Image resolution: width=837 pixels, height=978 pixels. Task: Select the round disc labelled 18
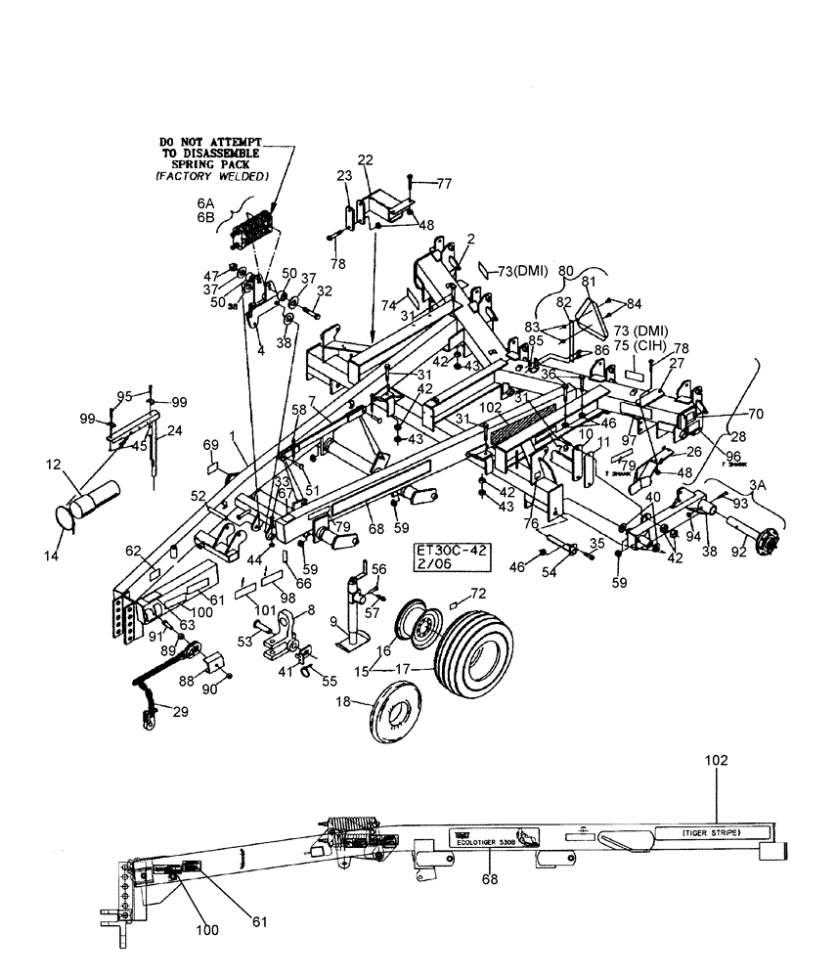tap(399, 720)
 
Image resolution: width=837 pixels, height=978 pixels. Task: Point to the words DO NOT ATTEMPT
tap(213, 142)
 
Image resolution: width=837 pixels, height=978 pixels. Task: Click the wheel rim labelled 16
tap(418, 629)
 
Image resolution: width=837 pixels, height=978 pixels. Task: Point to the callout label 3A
tap(758, 483)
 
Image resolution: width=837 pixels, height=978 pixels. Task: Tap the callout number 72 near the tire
tap(478, 594)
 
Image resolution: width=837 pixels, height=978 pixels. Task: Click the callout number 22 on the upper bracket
tap(365, 159)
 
